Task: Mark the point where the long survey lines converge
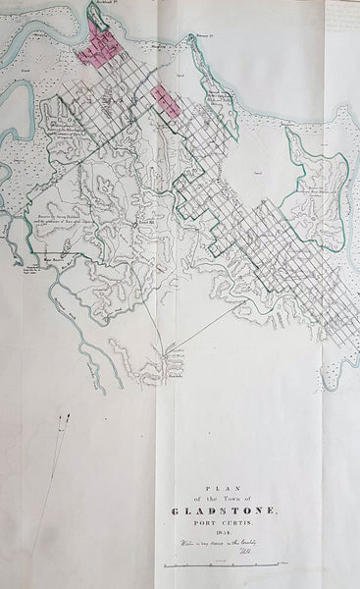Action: coord(167,353)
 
